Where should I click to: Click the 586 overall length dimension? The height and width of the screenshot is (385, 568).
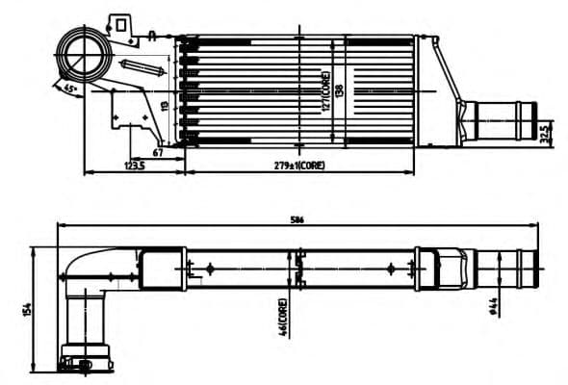(297, 220)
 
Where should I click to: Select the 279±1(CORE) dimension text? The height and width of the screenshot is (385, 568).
(299, 166)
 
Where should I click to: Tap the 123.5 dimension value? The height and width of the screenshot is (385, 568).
(134, 166)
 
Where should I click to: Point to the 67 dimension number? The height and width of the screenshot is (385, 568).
(158, 152)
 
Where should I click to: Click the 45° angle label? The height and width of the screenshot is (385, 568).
(69, 88)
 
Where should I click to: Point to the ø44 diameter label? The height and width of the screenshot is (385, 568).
(492, 306)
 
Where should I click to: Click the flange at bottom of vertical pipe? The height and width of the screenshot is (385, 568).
(87, 358)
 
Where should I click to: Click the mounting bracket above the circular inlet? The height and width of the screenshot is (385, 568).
(122, 25)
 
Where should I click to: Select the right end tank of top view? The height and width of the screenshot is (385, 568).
(420, 91)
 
